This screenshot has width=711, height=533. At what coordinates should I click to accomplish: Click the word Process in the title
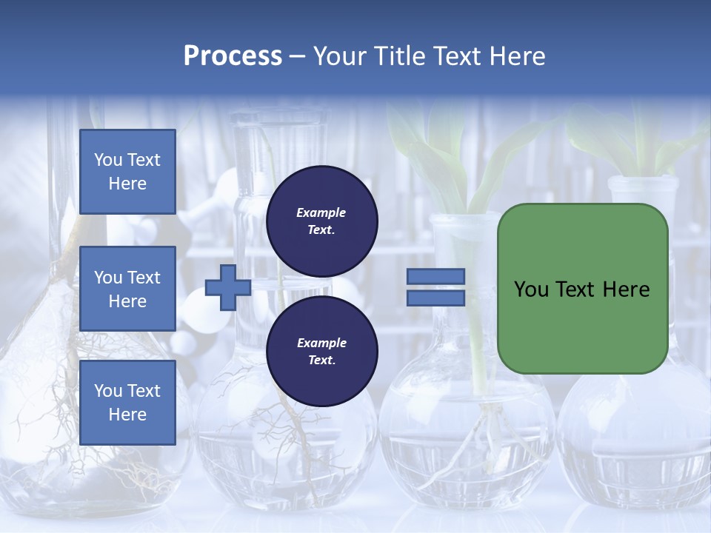click(233, 56)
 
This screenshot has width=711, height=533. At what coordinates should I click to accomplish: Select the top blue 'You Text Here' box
click(127, 172)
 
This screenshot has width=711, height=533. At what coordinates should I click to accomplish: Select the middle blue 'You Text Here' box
click(127, 289)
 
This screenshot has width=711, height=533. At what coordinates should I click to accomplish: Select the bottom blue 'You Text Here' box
click(127, 402)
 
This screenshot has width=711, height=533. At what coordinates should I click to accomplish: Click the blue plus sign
click(227, 288)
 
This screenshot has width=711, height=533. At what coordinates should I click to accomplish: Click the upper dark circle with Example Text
click(321, 221)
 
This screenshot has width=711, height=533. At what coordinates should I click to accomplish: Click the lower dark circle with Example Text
click(321, 352)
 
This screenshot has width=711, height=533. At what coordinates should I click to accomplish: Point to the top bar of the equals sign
click(435, 277)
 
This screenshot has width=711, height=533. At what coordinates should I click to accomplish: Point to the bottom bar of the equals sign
click(435, 298)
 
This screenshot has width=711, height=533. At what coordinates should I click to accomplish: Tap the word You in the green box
click(531, 289)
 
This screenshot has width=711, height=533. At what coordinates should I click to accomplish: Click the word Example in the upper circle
click(321, 212)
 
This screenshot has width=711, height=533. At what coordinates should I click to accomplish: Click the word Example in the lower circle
click(321, 343)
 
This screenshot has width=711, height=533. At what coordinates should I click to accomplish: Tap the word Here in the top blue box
click(127, 184)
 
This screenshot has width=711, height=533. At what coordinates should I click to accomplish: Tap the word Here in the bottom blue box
click(127, 415)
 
